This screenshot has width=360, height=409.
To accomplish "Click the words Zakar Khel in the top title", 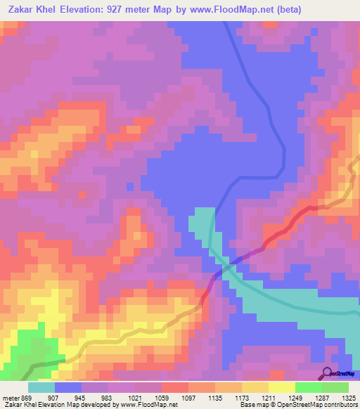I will (x=30, y=10).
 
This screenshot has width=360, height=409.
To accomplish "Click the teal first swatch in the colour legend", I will (x=41, y=387).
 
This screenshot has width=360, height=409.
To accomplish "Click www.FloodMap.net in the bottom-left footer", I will (x=148, y=404).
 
